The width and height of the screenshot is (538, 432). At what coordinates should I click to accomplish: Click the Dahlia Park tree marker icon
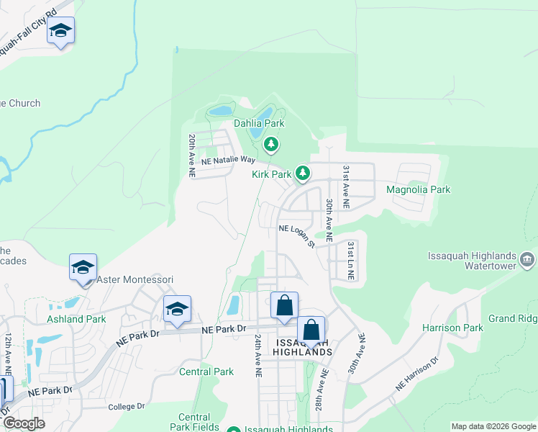click(271, 145)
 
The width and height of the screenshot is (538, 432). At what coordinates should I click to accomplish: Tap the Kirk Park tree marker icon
click(304, 173)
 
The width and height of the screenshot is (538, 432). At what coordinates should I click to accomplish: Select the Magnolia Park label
click(418, 189)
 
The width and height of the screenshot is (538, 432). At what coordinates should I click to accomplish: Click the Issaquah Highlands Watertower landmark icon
click(527, 258)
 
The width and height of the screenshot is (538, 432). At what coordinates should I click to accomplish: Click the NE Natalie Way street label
click(229, 160)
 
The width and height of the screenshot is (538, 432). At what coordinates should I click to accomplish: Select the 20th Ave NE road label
click(192, 155)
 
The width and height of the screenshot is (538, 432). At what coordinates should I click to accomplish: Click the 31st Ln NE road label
click(350, 261)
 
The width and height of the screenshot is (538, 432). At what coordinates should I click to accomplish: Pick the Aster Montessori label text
click(135, 279)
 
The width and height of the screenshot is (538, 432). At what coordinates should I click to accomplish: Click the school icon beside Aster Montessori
click(83, 267)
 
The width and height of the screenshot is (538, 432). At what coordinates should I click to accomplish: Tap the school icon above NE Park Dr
click(177, 309)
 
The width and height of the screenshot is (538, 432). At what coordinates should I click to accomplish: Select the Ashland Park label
click(76, 319)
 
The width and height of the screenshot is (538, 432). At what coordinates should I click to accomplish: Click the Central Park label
click(206, 372)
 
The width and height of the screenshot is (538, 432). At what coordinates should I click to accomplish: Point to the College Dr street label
click(127, 407)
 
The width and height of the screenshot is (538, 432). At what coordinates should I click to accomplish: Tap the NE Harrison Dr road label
click(417, 374)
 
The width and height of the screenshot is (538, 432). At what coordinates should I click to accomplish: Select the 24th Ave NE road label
click(257, 359)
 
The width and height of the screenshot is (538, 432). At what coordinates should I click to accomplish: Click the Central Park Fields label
click(194, 422)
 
